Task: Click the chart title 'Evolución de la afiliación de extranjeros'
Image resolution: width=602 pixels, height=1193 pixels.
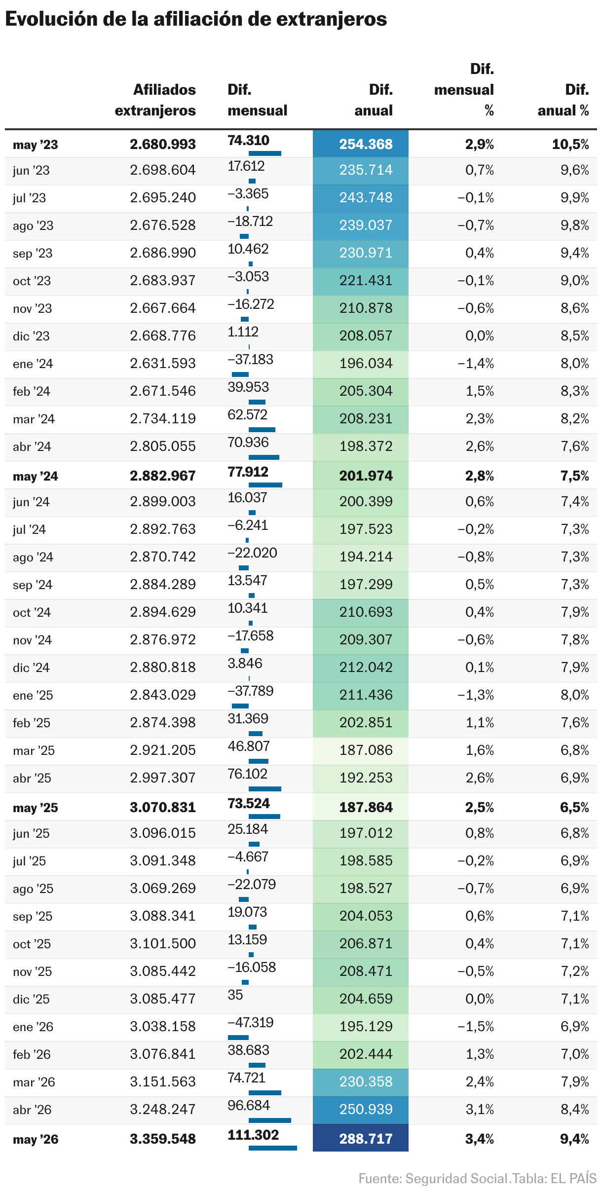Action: click(196, 19)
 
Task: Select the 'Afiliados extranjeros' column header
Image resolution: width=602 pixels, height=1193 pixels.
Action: click(155, 100)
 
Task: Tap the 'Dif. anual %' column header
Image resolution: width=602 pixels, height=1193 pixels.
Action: click(564, 100)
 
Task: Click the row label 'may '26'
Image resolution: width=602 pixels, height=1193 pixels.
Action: click(36, 1139)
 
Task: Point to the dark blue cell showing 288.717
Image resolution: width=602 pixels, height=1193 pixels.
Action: click(361, 1138)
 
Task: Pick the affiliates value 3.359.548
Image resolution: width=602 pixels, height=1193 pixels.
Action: click(163, 1139)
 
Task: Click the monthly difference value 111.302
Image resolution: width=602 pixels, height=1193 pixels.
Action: click(253, 1135)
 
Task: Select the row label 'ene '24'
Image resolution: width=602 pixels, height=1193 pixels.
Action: click(33, 364)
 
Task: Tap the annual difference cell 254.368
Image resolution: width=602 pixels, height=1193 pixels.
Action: click(361, 144)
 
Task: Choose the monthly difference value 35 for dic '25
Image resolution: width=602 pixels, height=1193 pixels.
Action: click(235, 995)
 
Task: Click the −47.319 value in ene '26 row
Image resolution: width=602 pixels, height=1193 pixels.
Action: click(251, 1022)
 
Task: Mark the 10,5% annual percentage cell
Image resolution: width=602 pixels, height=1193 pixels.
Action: click(570, 144)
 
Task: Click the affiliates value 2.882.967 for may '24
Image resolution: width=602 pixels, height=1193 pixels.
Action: click(163, 476)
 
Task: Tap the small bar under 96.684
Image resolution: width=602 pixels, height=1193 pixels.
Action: click(270, 1120)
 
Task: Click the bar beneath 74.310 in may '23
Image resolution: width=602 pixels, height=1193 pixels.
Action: click(265, 153)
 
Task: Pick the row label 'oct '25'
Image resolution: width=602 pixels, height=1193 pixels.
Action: click(32, 944)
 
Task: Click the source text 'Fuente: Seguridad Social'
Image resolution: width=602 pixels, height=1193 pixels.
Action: click(433, 1178)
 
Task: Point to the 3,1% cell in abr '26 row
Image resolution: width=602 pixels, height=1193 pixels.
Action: click(480, 1109)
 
